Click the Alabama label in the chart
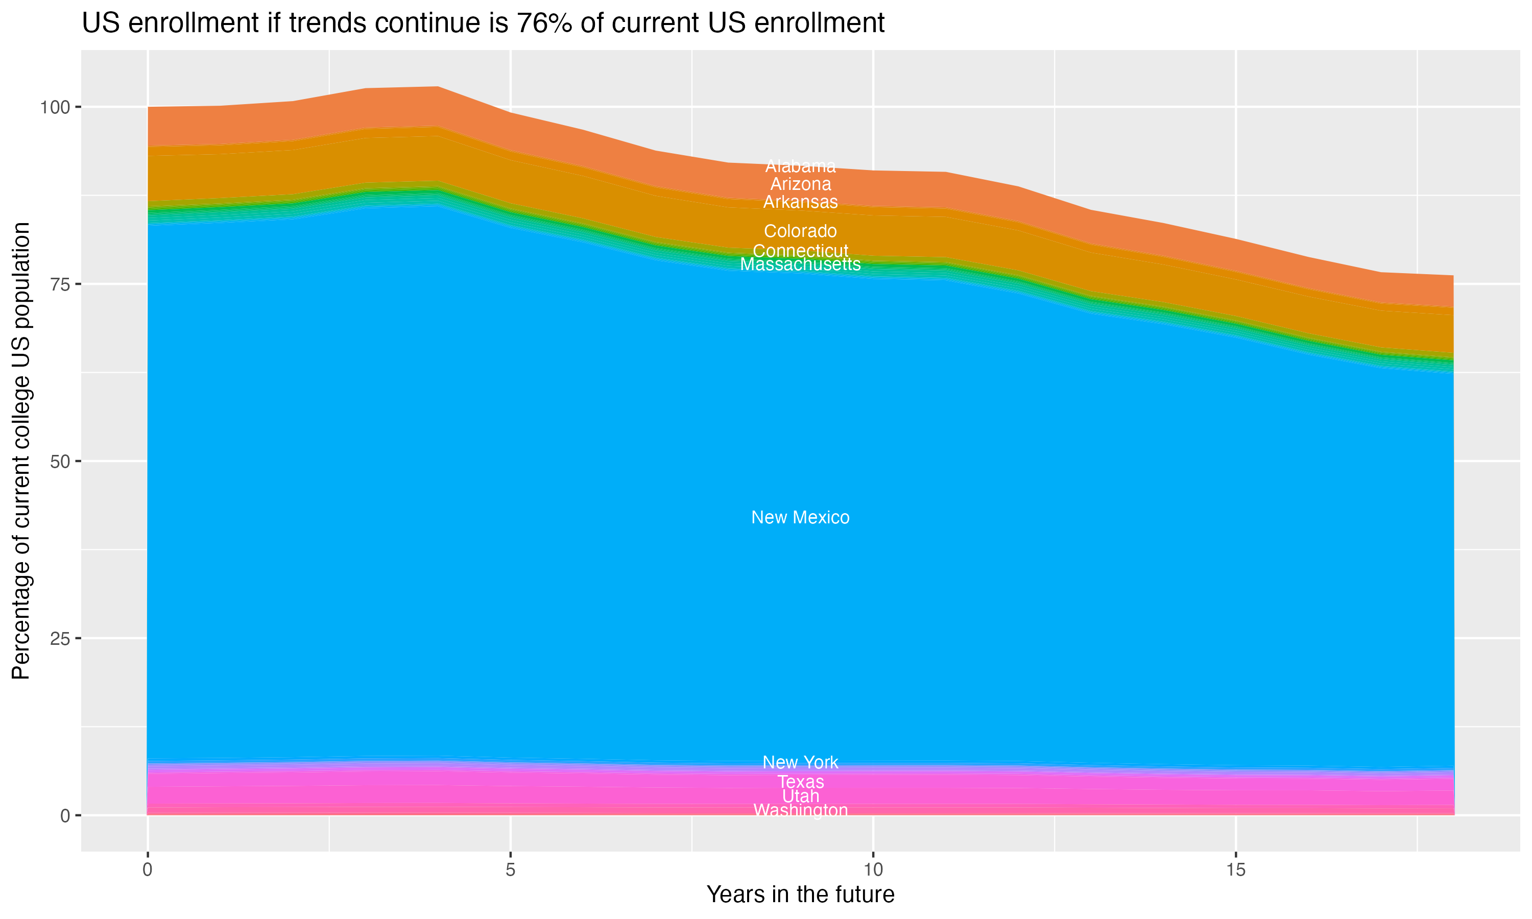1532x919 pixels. pos(800,166)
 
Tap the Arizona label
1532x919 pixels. pos(800,184)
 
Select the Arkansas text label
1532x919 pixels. pos(800,202)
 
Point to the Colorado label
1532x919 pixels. pos(800,231)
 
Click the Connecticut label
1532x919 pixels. pos(800,251)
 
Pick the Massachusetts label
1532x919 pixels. pos(800,264)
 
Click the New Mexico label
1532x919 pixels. pos(800,517)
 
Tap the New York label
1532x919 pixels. pos(800,762)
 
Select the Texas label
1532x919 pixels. pos(800,782)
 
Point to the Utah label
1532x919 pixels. pos(800,796)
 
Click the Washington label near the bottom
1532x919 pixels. pos(800,810)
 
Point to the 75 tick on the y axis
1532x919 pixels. pos(60,284)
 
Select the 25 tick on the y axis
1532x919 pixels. pos(60,639)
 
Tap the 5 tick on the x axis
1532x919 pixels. pos(510,870)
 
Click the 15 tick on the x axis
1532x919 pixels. pos(1235,870)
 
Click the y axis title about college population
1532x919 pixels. pos(21,450)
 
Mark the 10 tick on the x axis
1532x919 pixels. pos(873,870)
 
